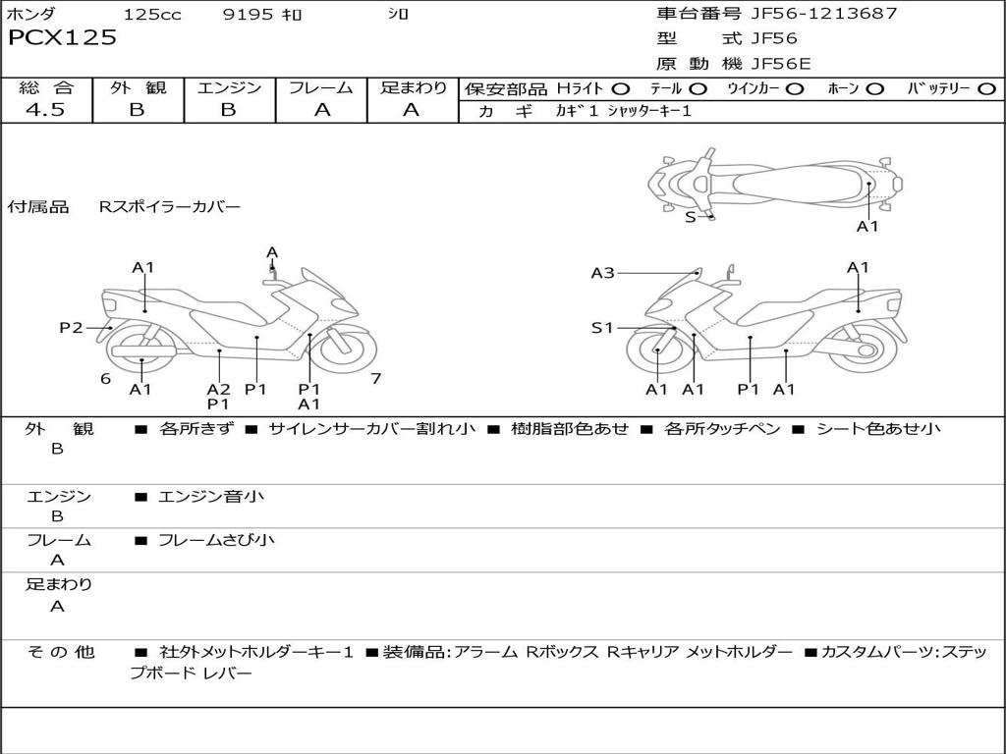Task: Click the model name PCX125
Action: pos(62,38)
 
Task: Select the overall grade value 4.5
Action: pos(45,110)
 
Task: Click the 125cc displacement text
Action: pos(152,15)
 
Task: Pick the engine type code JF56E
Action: pos(780,64)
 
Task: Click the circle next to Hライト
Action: pos(621,89)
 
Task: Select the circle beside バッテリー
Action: pos(986,89)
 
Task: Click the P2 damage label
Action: pos(71,328)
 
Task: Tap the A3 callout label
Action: pos(602,273)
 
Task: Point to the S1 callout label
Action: pos(602,328)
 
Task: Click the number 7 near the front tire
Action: pos(375,378)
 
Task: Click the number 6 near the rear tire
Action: pos(105,378)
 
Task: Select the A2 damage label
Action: pos(218,389)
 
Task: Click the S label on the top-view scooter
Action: pos(690,217)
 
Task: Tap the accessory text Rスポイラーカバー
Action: pos(169,207)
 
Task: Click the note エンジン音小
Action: pos(210,497)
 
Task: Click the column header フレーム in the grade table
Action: pos(321,88)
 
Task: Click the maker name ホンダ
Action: pos(31,15)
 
